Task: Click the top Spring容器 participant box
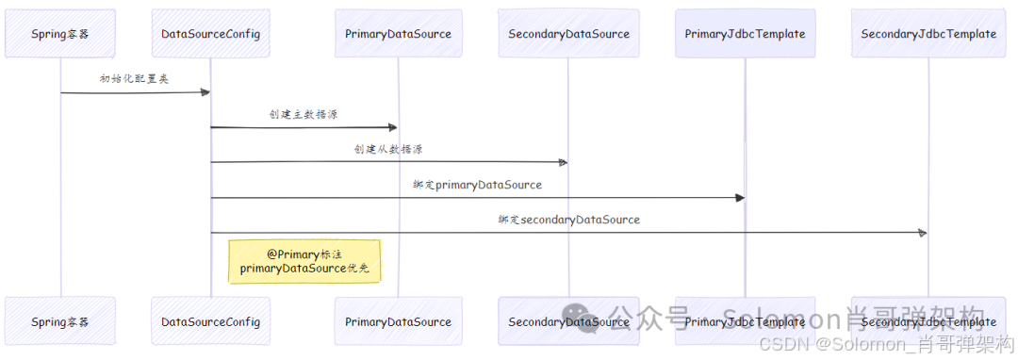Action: point(60,34)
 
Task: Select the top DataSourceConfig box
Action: point(210,34)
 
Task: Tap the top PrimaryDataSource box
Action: point(398,34)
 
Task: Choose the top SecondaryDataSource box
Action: point(568,34)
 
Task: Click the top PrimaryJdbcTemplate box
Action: point(745,34)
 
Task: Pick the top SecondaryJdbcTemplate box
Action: point(928,34)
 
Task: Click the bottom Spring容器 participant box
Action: point(60,321)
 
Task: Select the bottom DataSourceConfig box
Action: point(210,321)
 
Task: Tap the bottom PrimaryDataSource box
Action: point(398,321)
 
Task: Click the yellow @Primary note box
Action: point(304,261)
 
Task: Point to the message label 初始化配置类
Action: point(134,79)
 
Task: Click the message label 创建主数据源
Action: point(304,114)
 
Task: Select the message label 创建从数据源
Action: point(388,149)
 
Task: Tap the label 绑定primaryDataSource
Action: point(477,185)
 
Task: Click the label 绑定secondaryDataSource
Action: point(569,220)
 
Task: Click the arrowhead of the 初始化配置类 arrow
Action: point(204,92)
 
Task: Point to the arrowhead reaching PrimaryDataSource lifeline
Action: point(391,127)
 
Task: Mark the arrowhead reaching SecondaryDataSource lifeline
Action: point(562,162)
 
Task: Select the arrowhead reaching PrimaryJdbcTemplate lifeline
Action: point(739,198)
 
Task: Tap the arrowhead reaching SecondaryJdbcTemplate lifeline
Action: point(923,233)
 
